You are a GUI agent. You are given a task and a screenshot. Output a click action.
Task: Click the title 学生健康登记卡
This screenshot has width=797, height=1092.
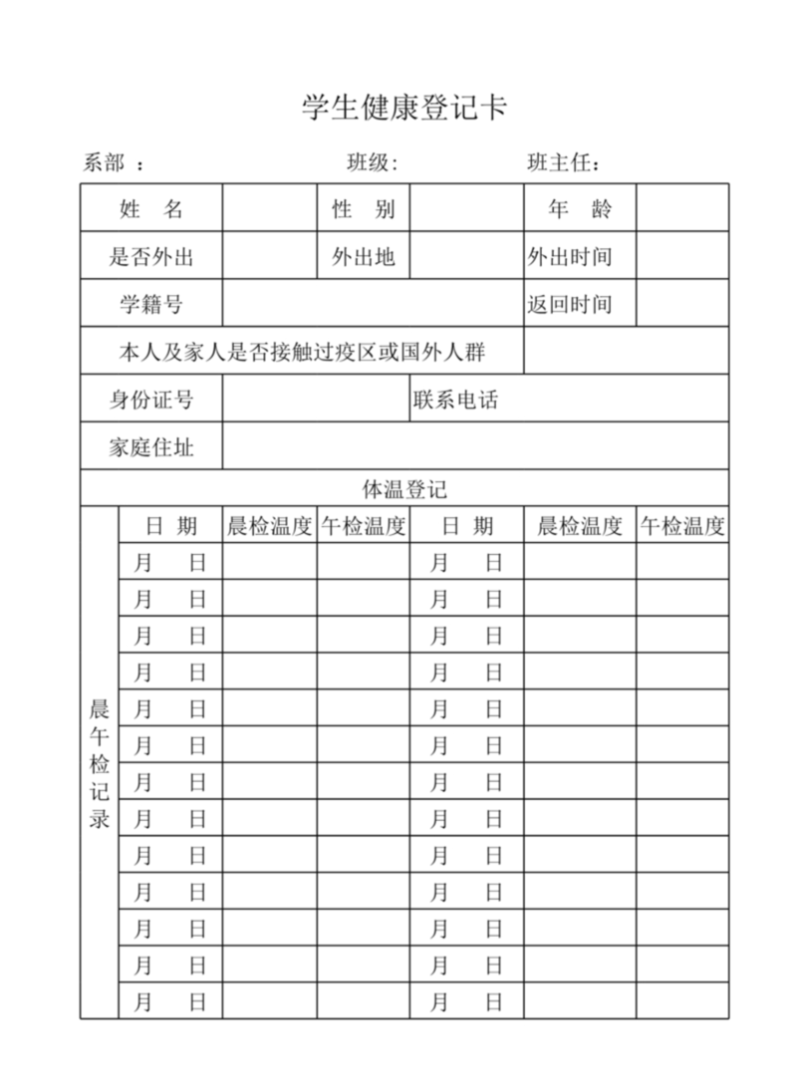point(404,108)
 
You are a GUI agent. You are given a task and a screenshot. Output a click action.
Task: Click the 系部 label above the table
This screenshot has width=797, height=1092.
point(104,163)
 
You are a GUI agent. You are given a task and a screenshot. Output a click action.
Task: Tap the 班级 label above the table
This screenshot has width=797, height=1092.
point(372,163)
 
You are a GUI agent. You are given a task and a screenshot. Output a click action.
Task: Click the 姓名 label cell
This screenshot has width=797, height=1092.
point(151,209)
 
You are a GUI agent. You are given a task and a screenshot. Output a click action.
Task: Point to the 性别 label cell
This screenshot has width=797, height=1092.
point(364,209)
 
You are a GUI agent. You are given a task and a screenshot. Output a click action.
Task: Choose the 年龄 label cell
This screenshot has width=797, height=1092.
point(580,209)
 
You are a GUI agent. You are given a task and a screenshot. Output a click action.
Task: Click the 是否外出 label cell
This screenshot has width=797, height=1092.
point(151,257)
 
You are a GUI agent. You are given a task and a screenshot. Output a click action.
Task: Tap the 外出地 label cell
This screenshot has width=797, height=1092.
point(364,257)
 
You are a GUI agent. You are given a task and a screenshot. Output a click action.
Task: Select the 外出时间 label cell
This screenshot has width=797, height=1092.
point(570,257)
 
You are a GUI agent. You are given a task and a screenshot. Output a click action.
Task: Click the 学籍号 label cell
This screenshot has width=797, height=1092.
point(151,304)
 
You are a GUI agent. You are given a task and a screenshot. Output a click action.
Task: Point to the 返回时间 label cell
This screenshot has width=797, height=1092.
point(570,304)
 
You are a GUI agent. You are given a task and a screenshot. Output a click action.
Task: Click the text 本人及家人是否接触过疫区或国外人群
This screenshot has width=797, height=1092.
point(303,352)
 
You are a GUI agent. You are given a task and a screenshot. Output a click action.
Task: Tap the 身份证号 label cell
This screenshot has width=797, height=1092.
point(151,400)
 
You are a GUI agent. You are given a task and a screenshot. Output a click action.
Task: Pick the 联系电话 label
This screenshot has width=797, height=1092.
point(455,400)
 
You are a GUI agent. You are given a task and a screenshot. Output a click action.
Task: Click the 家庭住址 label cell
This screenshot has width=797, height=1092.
point(151,446)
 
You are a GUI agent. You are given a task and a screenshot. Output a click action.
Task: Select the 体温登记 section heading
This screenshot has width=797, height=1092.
point(404,489)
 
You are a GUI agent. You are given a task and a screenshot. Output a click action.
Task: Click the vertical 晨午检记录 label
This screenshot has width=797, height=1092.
point(100,764)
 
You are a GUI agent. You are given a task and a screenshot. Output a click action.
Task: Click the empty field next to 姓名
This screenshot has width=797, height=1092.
point(270,209)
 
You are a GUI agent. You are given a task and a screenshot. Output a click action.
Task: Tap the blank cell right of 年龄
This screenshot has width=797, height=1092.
point(682,209)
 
